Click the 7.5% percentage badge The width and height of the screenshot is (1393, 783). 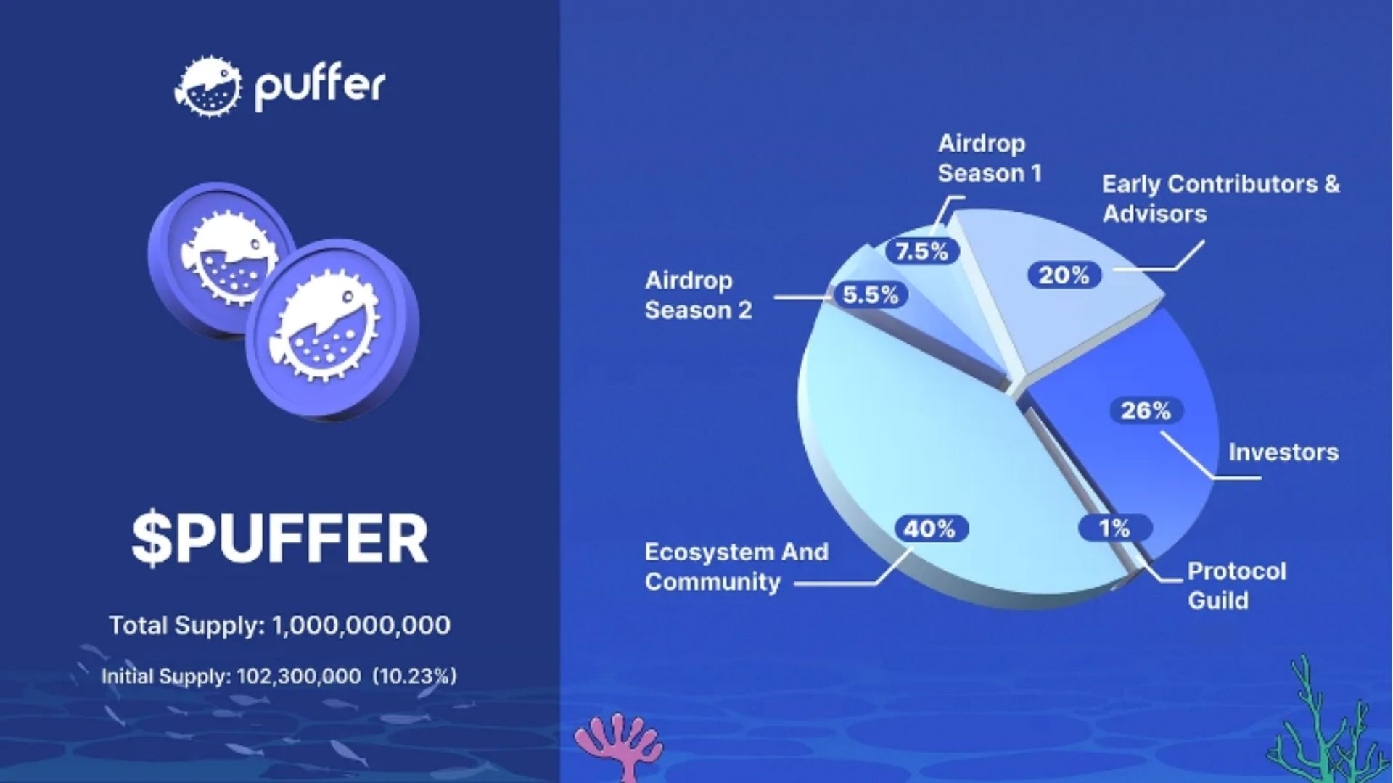[x=921, y=252]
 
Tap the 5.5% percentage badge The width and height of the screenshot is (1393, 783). [x=870, y=295]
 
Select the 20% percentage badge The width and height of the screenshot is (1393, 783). [x=1064, y=275]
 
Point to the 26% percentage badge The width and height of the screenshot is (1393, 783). [x=1146, y=411]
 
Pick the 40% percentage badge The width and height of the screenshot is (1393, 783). [x=929, y=529]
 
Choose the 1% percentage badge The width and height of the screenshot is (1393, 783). [x=1114, y=528]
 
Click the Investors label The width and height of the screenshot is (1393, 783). [x=1283, y=452]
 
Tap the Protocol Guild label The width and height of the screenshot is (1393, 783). [x=1236, y=586]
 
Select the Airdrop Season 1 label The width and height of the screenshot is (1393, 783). [x=989, y=158]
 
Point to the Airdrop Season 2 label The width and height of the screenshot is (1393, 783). [x=698, y=295]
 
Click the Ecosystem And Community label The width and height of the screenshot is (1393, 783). [x=736, y=566]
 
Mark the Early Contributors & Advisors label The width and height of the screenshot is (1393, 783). [x=1220, y=199]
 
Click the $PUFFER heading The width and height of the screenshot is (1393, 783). [x=280, y=539]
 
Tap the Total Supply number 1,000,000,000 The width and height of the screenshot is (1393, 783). [x=361, y=625]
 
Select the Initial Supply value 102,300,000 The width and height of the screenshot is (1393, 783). [x=298, y=676]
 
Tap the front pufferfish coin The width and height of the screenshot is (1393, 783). [x=332, y=328]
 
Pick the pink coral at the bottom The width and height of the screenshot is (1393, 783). [x=619, y=743]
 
